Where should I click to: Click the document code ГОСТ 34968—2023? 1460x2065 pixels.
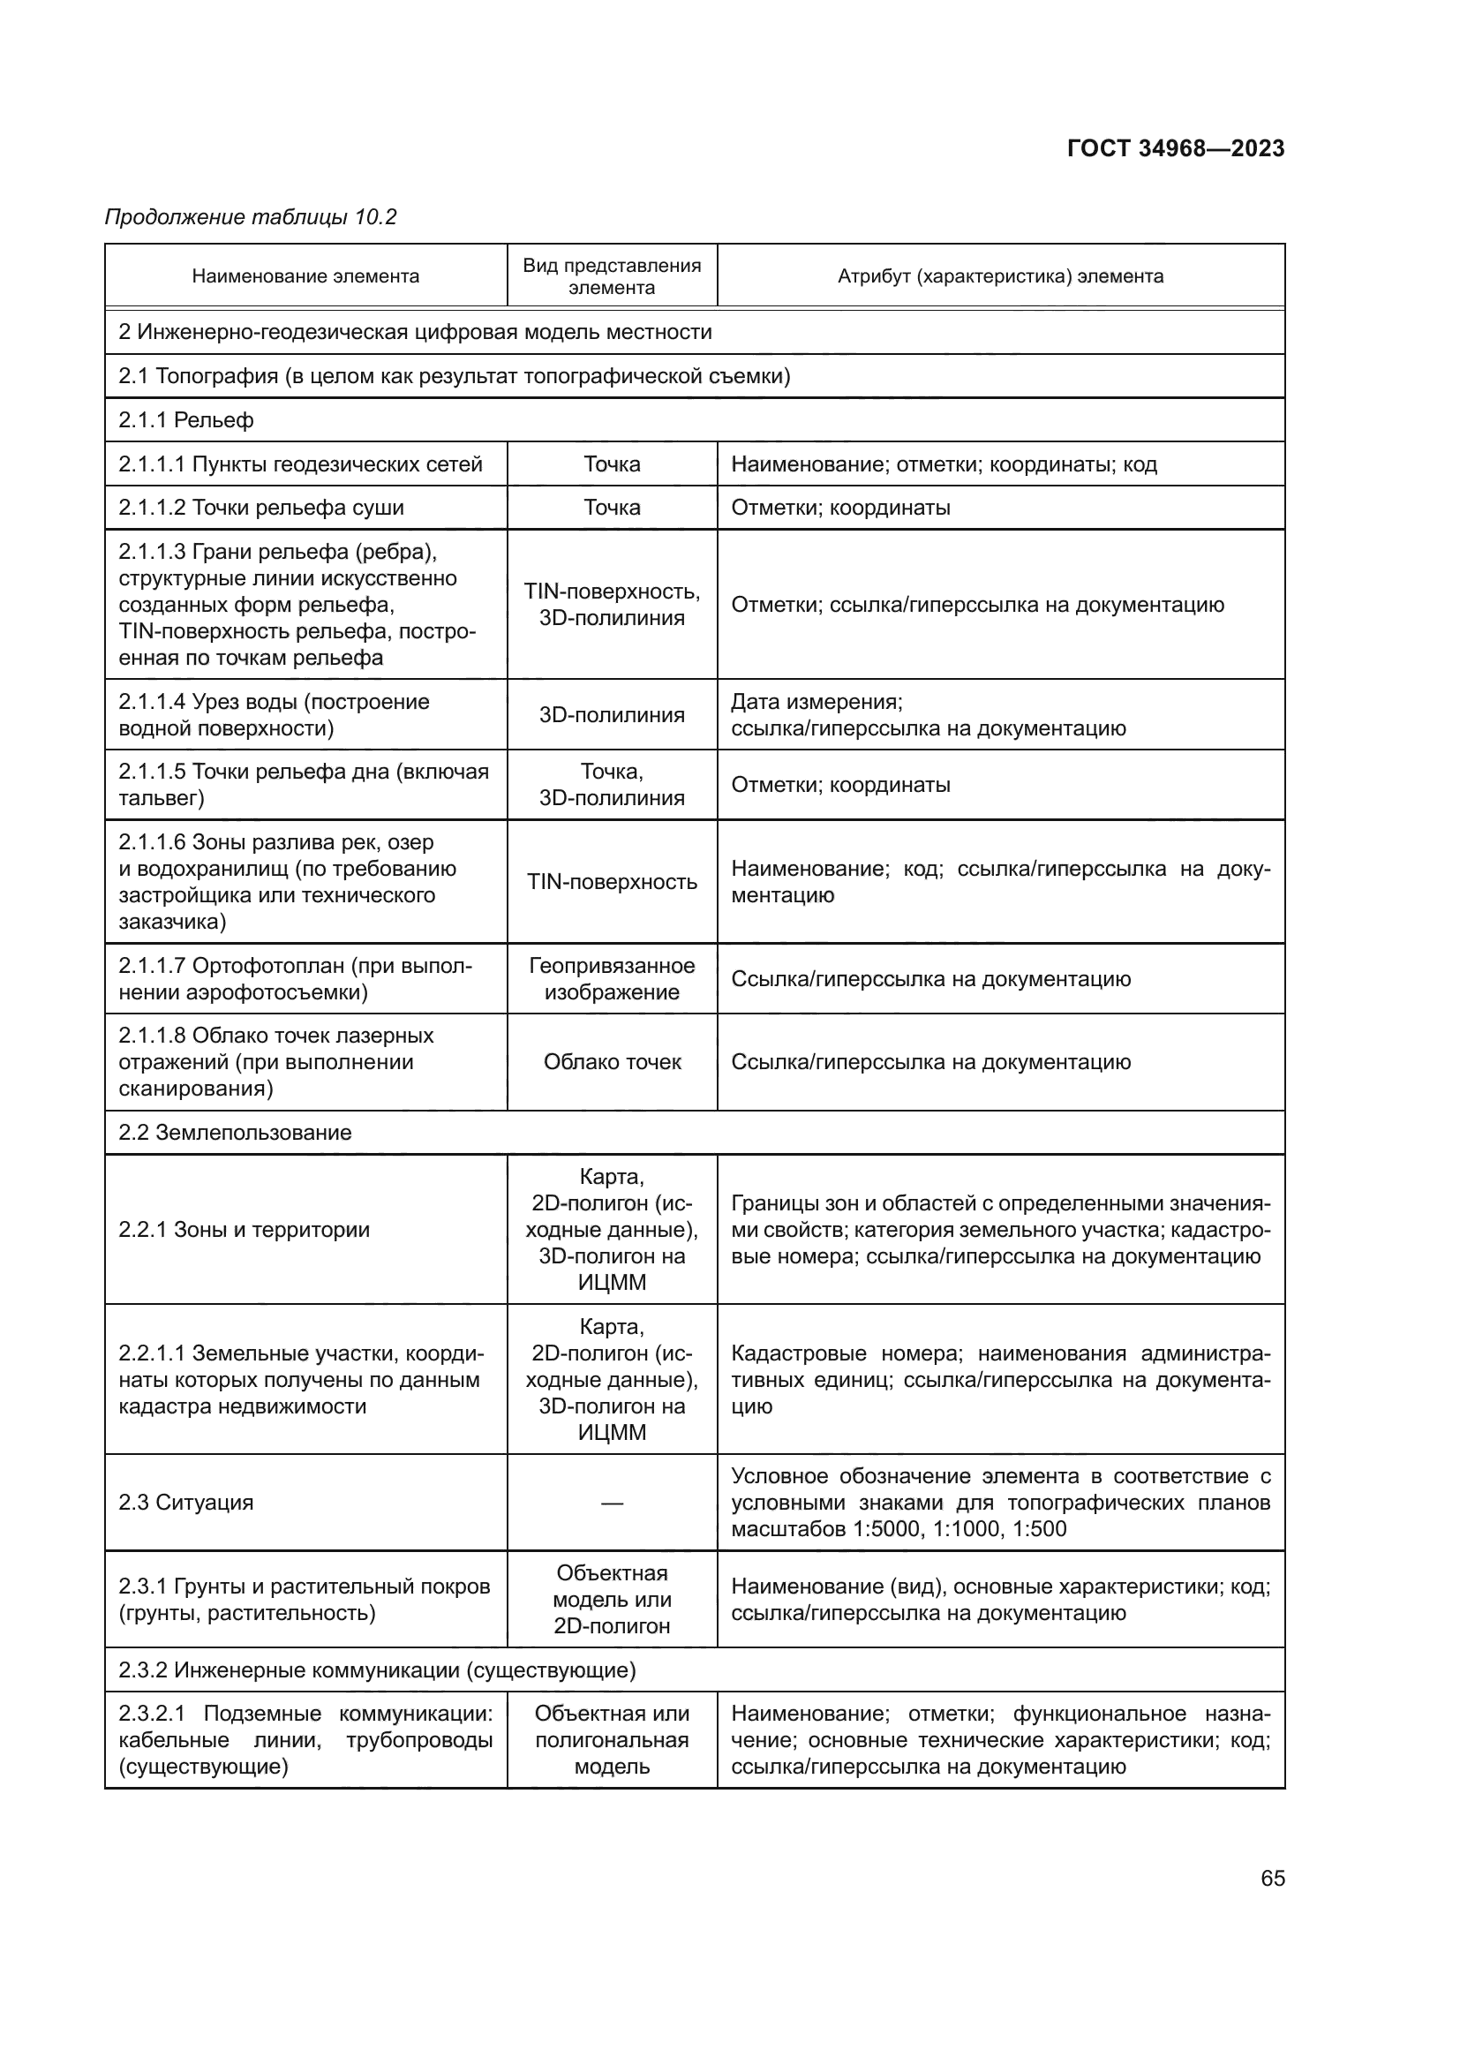(x=1175, y=148)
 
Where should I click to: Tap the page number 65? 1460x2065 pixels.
(x=1272, y=1878)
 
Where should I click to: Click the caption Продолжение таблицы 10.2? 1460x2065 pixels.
(x=251, y=217)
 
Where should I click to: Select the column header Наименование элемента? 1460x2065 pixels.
(x=305, y=276)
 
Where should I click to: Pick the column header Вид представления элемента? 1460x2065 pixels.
(x=612, y=276)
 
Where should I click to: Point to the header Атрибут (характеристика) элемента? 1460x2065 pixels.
(x=1000, y=276)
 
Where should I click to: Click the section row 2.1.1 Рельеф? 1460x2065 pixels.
(x=186, y=420)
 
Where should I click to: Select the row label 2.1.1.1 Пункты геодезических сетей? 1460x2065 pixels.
(x=300, y=464)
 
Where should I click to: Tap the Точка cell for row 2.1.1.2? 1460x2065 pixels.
(x=612, y=508)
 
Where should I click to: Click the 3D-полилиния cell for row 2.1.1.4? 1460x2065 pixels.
(x=612, y=715)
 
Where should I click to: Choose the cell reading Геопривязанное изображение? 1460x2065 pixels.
(x=612, y=978)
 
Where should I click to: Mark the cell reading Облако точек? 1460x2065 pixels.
(x=612, y=1062)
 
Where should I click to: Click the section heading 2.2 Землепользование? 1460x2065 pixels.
(x=235, y=1133)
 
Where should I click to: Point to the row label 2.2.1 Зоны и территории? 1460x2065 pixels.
(x=244, y=1230)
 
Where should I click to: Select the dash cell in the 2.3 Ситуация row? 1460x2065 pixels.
(x=612, y=1503)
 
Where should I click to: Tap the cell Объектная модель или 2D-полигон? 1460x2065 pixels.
(x=612, y=1599)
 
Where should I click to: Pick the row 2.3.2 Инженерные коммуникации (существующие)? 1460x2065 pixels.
(x=377, y=1670)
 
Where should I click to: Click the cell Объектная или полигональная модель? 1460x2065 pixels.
(x=612, y=1739)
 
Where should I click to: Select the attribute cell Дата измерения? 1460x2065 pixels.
(x=817, y=702)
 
